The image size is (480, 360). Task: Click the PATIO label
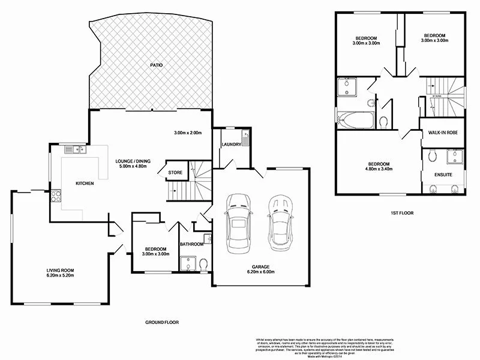156,65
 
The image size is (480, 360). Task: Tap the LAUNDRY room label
231,145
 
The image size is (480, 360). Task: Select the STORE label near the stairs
175,173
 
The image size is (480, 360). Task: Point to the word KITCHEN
84,183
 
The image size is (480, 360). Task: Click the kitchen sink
75,149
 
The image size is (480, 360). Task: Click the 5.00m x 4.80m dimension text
134,167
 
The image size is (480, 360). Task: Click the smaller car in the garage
278,222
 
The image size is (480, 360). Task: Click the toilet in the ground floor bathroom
203,264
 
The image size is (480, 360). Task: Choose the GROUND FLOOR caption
162,322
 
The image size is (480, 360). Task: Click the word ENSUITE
443,175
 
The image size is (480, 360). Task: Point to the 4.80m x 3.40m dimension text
379,170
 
